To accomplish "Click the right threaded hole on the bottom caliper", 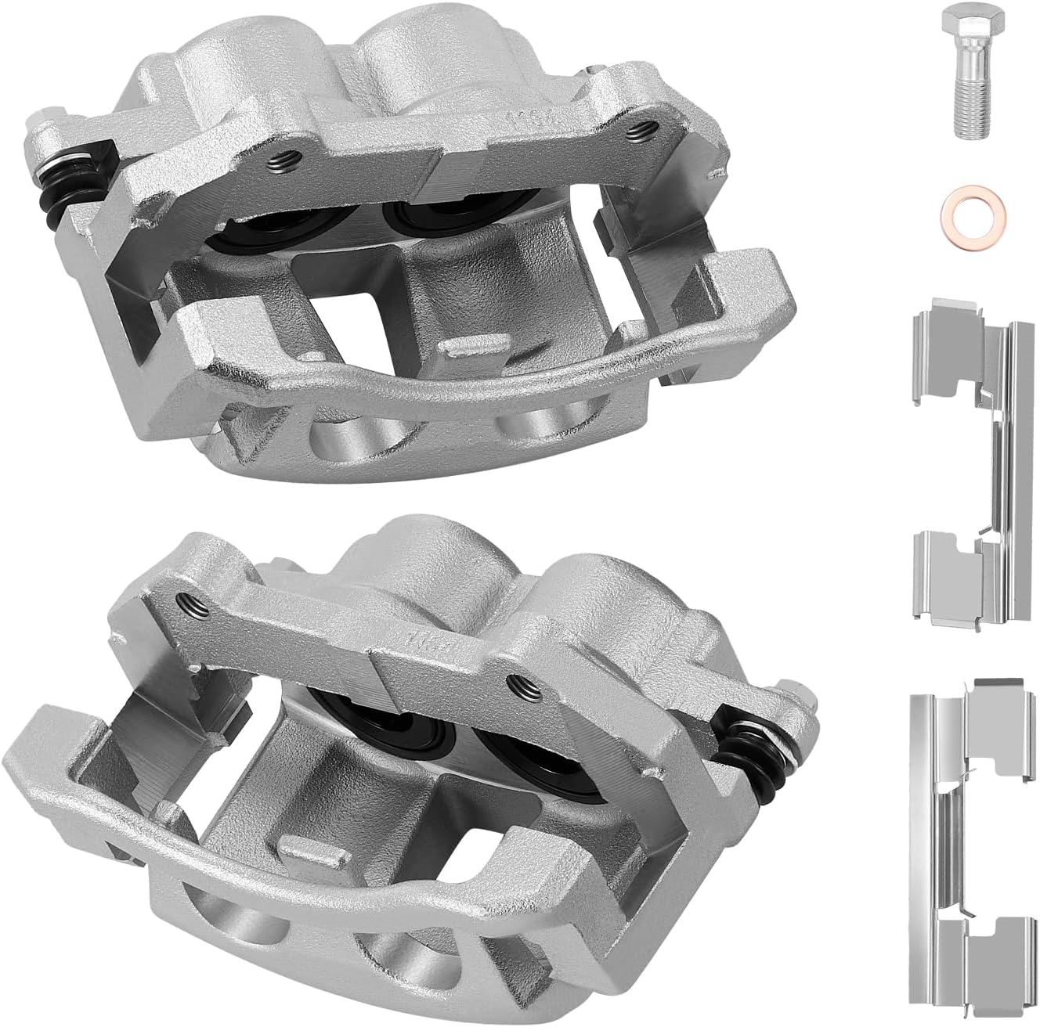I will [x=515, y=681].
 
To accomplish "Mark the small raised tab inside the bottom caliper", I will [x=301, y=845].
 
